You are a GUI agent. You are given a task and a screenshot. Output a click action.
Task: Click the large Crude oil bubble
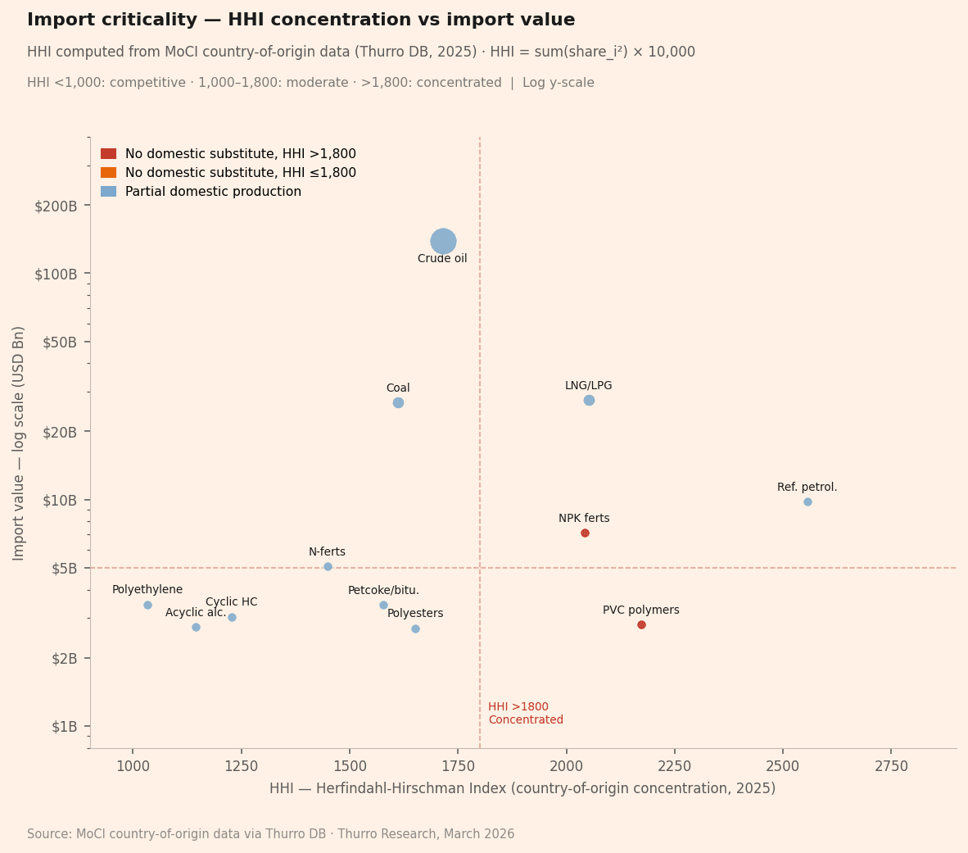coord(443,241)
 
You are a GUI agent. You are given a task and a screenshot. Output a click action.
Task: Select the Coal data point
coord(398,402)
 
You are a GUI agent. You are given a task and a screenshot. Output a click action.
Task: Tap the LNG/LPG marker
coord(589,400)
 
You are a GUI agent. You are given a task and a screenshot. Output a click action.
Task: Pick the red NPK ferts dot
coord(585,533)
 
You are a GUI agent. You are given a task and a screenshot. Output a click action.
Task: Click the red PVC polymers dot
coord(641,624)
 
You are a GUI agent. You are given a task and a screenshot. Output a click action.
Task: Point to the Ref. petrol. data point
coord(807,501)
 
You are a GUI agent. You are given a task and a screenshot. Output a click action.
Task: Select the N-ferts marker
coord(328,566)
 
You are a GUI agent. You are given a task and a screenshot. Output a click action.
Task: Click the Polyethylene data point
coord(147,605)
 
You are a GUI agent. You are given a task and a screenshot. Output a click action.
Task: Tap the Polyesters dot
coord(415,628)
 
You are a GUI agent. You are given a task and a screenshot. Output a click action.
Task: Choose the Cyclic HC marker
coord(232,617)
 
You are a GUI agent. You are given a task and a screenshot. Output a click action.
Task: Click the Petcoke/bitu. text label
coord(383,590)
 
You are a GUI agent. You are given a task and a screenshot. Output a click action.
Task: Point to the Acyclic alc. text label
coord(196,612)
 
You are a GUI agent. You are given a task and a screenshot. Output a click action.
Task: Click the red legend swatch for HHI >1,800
coord(108,154)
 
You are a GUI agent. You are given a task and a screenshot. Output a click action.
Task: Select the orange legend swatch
coord(108,173)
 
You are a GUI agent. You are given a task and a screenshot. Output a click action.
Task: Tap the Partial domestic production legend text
coord(213,192)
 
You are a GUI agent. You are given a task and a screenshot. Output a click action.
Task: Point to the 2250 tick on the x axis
coord(674,766)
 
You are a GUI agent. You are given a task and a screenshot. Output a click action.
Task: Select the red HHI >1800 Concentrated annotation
coord(525,713)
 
